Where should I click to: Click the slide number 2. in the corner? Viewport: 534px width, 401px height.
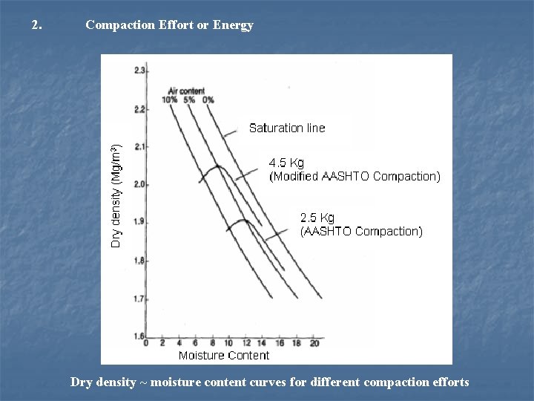point(37,25)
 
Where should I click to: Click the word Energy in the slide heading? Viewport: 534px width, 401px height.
point(234,25)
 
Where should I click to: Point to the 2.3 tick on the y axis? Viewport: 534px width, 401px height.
point(139,71)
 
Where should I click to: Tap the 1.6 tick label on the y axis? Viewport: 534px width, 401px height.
point(139,336)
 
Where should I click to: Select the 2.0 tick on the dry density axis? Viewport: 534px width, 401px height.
point(139,184)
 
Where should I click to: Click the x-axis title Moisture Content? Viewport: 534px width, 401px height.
point(223,356)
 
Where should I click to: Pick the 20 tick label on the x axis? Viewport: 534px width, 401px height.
point(314,344)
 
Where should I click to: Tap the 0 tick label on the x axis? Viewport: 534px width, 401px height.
point(145,344)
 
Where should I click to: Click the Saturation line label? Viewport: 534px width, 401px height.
point(287,128)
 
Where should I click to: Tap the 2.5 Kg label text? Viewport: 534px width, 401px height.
point(317,218)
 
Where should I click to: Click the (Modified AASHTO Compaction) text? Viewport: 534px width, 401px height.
point(354,177)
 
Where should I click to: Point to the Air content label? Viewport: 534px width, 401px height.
point(187,91)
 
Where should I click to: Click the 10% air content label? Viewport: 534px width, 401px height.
point(171,100)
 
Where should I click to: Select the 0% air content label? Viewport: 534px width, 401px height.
point(208,100)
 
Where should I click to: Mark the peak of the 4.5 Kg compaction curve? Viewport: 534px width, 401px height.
point(217,166)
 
